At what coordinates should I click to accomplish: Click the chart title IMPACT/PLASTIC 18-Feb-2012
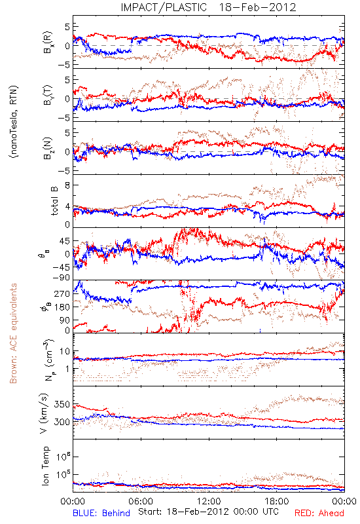208,7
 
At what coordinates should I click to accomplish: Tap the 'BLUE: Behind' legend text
101,513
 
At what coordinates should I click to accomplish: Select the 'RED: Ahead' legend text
319,513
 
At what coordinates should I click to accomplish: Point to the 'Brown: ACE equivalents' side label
12,333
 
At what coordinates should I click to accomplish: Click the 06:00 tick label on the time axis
141,501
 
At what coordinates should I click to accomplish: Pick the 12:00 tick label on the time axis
209,501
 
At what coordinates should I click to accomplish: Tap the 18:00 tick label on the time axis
277,501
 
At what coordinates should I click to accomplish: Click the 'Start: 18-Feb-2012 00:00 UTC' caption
208,512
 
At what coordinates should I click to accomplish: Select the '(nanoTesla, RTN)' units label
14,122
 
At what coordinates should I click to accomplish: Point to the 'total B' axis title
54,201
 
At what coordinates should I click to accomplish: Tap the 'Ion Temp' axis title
45,466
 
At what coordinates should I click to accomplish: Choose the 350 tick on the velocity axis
62,404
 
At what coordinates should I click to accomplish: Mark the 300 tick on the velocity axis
62,422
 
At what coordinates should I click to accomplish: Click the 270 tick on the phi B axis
62,293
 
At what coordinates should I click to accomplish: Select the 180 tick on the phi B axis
62,307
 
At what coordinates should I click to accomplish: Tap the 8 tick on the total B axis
67,185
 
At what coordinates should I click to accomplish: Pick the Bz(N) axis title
47,148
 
